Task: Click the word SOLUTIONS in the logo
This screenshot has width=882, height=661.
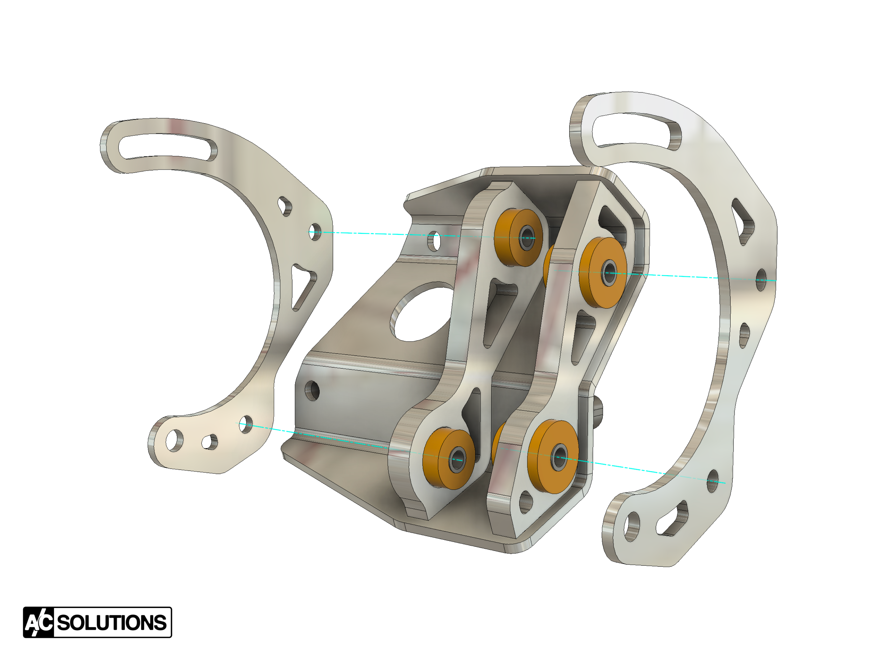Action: point(112,622)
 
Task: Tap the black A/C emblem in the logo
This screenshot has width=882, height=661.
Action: point(39,622)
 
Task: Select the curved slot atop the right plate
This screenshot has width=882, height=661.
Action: point(637,129)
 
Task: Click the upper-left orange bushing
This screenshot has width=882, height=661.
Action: point(518,238)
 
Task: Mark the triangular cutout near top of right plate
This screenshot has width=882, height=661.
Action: point(743,221)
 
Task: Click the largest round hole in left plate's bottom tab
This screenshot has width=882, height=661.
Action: point(174,440)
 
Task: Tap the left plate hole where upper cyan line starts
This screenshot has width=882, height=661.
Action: point(315,231)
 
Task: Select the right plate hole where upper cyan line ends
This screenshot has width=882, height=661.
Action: point(761,280)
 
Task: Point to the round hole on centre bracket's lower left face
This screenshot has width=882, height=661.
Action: point(312,390)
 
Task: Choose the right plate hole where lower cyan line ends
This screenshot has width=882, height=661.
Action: point(713,481)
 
